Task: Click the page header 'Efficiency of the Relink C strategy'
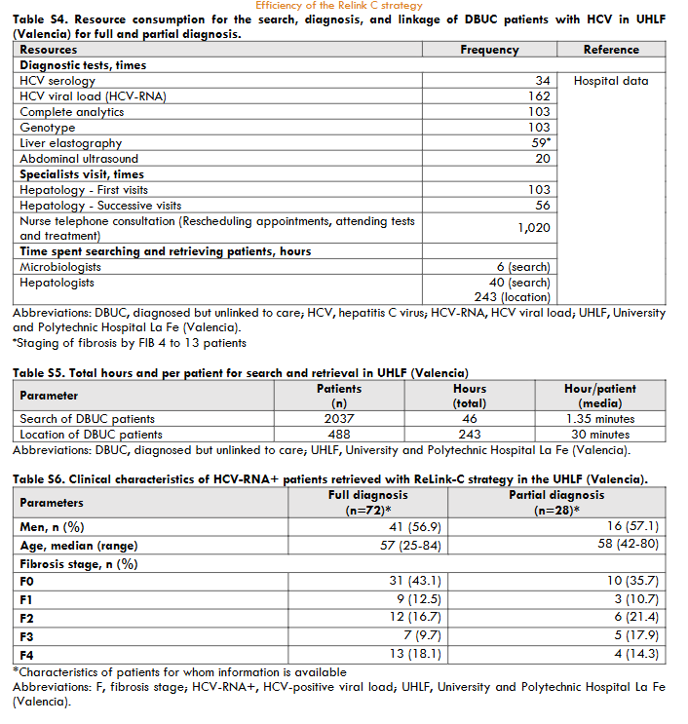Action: click(x=339, y=6)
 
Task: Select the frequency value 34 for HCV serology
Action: click(x=543, y=81)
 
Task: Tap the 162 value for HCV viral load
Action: click(x=539, y=96)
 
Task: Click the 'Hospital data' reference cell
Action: click(x=611, y=81)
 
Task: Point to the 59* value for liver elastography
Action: click(x=541, y=143)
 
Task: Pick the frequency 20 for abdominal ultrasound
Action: click(x=543, y=159)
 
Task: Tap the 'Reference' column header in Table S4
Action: click(x=611, y=50)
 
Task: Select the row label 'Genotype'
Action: click(x=48, y=128)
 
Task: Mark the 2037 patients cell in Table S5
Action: click(x=339, y=419)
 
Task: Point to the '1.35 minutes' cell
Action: click(x=601, y=419)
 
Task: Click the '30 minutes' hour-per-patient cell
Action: click(x=601, y=435)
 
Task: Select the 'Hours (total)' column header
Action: click(x=470, y=396)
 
